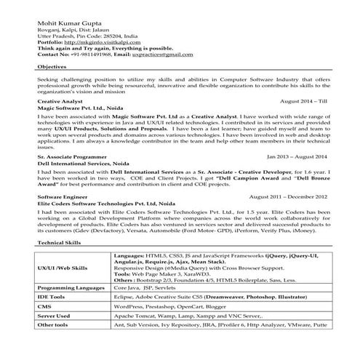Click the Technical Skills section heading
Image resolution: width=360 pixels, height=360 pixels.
59,242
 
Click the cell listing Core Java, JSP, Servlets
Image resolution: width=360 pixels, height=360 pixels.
146,289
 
